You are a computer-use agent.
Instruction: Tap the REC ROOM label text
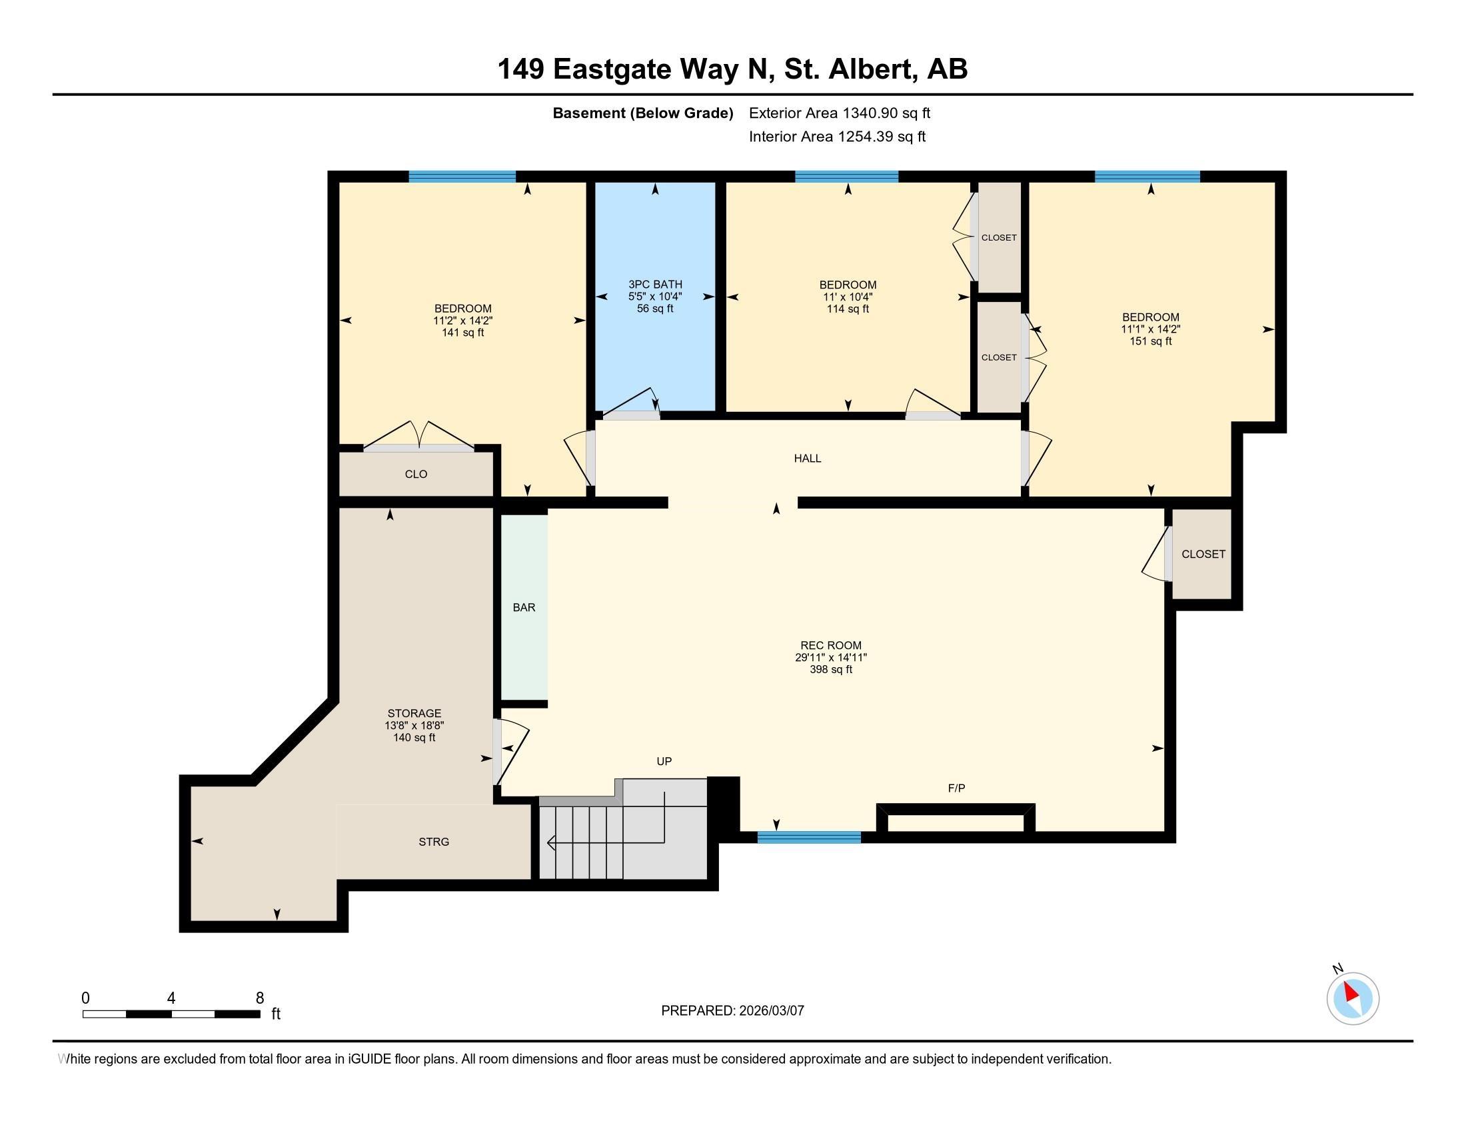(830, 646)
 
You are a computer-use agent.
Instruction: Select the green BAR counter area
(524, 607)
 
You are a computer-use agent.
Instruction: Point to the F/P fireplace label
(956, 788)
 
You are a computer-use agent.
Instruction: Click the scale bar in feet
(171, 1014)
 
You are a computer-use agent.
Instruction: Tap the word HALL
(807, 459)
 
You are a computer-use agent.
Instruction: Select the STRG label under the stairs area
(434, 842)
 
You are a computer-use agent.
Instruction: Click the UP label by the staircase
(664, 761)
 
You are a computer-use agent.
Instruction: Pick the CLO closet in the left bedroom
(416, 474)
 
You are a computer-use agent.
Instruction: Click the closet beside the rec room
(1203, 554)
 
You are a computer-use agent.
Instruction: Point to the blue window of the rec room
(809, 837)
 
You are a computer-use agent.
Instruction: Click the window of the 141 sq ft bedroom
(462, 177)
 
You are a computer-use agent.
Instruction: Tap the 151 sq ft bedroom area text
(1150, 341)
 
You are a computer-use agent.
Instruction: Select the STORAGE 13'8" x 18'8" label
(414, 725)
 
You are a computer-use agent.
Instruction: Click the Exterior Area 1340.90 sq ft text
(839, 113)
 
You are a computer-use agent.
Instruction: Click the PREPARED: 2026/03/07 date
(732, 1010)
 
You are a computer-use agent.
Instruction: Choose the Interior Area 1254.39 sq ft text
(836, 137)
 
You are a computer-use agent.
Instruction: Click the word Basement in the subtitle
(588, 113)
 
